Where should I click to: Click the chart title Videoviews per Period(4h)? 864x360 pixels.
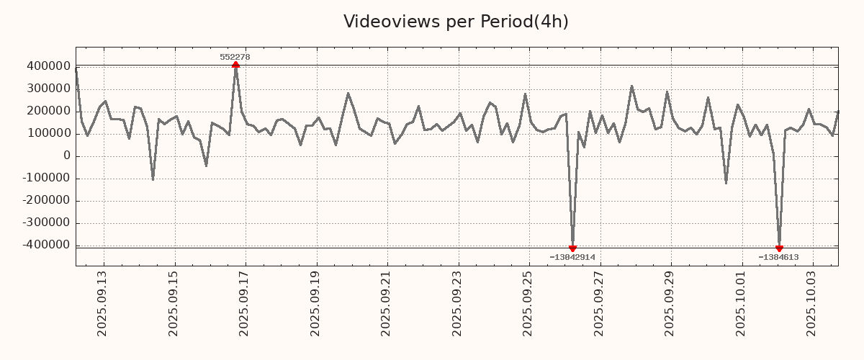456,22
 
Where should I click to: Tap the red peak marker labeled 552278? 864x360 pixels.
235,66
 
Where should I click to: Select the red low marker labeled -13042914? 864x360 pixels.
572,248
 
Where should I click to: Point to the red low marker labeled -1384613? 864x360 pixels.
779,248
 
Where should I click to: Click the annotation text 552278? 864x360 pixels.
235,57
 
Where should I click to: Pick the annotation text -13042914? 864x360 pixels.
572,257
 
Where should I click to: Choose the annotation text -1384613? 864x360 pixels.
778,257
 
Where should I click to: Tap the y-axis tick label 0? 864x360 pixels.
67,156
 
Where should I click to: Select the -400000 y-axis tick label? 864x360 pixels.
45,245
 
